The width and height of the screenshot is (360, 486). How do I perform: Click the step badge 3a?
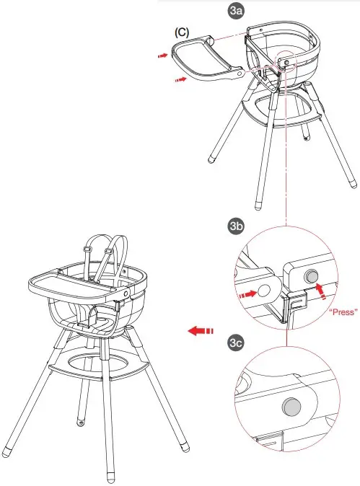[x=236, y=11]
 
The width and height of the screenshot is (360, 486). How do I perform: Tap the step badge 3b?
[x=235, y=227]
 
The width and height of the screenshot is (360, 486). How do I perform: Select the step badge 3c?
[x=235, y=343]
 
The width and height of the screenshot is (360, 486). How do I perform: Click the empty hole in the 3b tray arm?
[x=263, y=291]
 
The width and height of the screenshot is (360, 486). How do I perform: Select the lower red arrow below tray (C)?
[x=185, y=81]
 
